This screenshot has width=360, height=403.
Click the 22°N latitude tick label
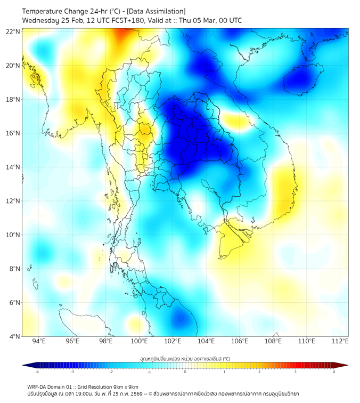pyautogui.click(x=13, y=31)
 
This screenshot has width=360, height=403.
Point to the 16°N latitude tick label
pyautogui.click(x=13, y=133)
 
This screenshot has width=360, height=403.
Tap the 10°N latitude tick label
pyautogui.click(x=13, y=235)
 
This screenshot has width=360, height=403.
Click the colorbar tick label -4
pyautogui.click(x=37, y=372)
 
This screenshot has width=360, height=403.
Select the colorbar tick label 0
pyautogui.click(x=185, y=372)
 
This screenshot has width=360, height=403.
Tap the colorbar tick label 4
pyautogui.click(x=333, y=372)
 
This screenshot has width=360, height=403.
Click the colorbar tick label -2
pyautogui.click(x=111, y=372)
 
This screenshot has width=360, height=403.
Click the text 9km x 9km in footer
pyautogui.click(x=126, y=386)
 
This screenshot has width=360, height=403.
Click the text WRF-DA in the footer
pyautogui.click(x=36, y=386)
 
